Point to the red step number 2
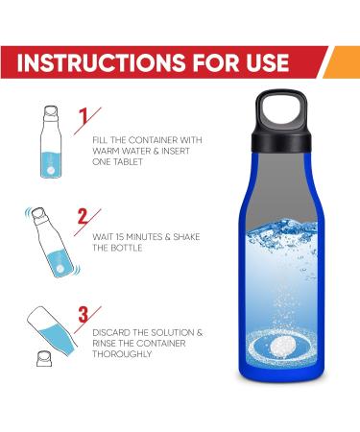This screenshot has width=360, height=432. (84, 217)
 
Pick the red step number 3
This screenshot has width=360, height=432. (84, 314)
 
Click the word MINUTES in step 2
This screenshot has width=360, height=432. (145, 238)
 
